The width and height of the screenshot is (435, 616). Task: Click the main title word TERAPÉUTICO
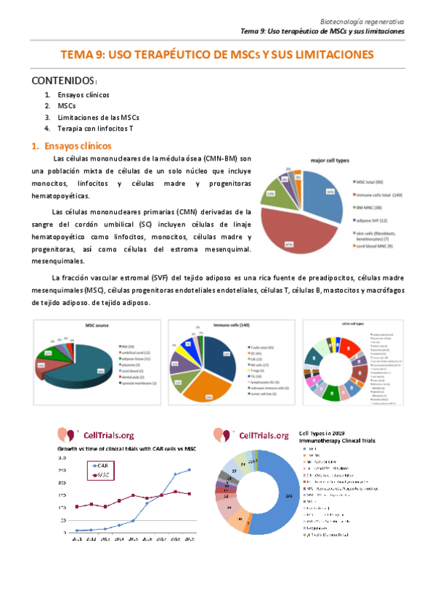[155, 55]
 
